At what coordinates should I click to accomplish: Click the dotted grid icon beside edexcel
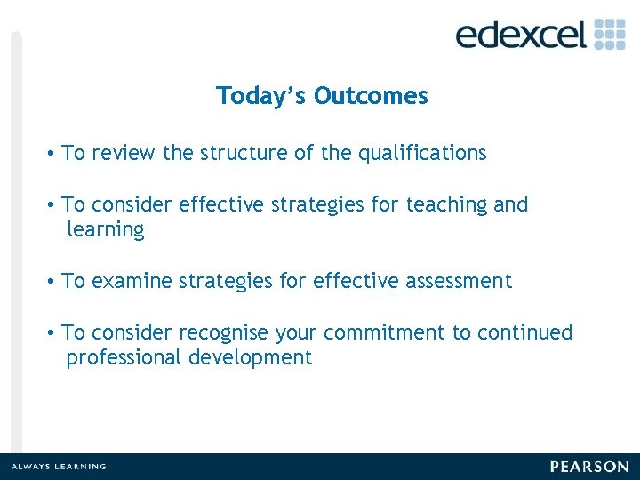tap(610, 33)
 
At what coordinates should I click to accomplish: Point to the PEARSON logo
tap(588, 467)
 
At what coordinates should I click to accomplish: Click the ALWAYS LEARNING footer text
tap(59, 467)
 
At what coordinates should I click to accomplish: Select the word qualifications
tap(422, 153)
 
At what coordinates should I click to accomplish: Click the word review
tap(123, 153)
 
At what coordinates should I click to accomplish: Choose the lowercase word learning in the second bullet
tap(105, 229)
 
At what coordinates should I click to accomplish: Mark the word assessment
tap(459, 281)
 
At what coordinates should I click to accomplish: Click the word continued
tap(525, 332)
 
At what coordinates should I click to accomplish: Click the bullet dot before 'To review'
tap(53, 153)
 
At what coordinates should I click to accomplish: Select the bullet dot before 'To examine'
tap(53, 281)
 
